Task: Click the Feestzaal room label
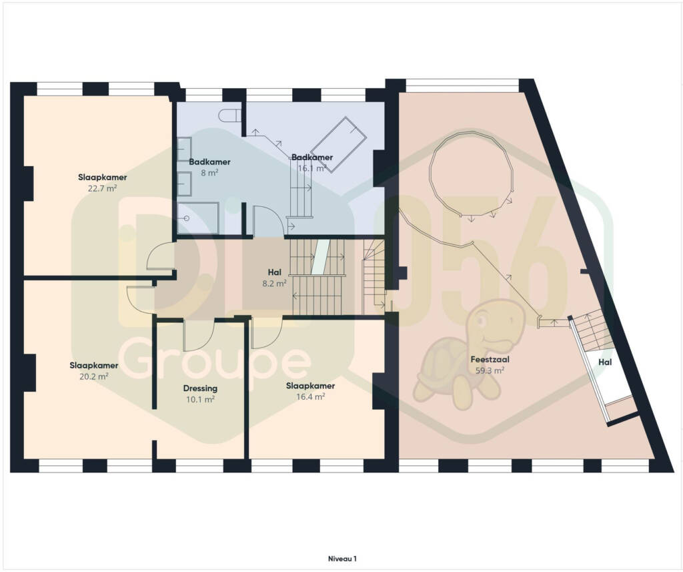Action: click(x=490, y=360)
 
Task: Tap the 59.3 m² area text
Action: click(x=490, y=370)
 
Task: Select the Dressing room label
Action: click(x=200, y=388)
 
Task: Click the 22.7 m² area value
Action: click(x=102, y=188)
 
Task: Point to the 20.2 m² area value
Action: click(x=93, y=376)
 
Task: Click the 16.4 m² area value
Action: click(x=311, y=396)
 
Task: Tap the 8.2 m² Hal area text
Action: click(x=274, y=283)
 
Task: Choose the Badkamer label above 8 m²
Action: click(x=209, y=162)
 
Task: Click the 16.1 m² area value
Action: click(x=312, y=168)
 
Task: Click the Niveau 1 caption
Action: click(x=342, y=559)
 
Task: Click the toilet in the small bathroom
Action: click(x=229, y=115)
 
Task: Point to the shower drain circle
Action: click(x=187, y=218)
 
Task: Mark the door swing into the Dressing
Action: click(x=199, y=336)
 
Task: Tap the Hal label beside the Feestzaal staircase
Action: click(x=605, y=362)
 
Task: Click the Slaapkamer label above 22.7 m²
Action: click(x=102, y=178)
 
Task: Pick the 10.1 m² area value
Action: click(x=200, y=399)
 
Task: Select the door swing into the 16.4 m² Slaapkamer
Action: click(x=267, y=334)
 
